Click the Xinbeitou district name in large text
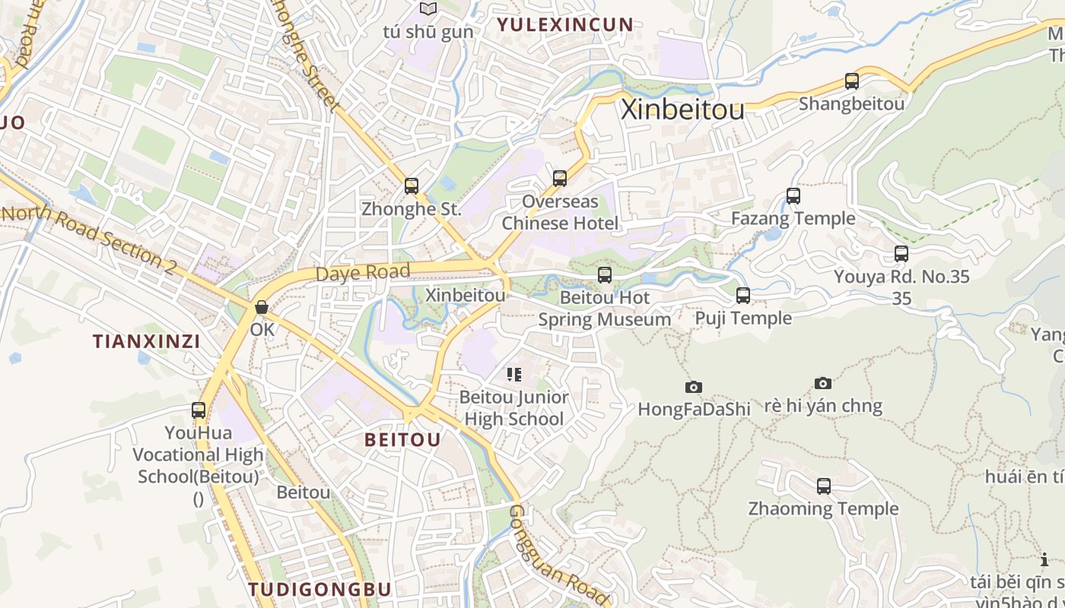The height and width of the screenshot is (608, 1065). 682,110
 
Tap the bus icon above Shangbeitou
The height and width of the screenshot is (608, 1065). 852,81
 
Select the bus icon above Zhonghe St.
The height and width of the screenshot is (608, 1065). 412,186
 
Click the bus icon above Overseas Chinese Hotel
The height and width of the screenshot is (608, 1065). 560,179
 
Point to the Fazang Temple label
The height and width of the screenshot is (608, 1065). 793,219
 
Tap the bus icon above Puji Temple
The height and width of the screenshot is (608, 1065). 743,296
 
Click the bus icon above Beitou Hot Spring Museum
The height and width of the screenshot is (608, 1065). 605,275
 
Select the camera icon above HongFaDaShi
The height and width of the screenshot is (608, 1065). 693,388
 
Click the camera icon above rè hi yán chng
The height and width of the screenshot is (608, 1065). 822,384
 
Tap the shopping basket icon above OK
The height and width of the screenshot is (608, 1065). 262,308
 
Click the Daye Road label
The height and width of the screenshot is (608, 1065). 363,272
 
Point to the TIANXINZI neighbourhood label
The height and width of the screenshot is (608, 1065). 147,341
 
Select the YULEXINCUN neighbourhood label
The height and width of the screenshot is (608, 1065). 564,24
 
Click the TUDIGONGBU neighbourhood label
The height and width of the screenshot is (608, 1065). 319,589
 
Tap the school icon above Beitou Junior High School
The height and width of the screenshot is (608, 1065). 514,375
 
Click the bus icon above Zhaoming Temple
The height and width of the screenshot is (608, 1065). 824,486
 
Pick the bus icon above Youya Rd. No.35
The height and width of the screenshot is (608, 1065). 901,255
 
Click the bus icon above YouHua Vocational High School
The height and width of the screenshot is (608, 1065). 199,410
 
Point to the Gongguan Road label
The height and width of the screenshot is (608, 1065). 558,553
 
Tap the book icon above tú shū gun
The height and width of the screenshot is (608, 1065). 429,9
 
